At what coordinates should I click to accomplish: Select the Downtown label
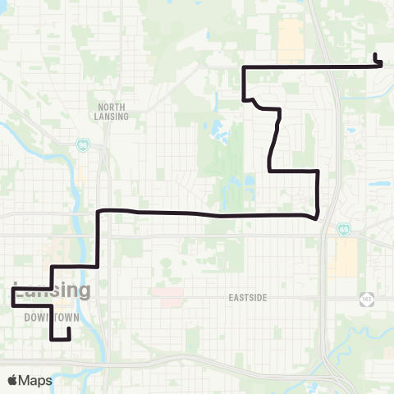[45, 317]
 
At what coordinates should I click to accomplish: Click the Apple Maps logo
[30, 380]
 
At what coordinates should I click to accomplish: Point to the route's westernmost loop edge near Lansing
[12, 296]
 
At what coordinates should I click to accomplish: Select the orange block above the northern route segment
[291, 40]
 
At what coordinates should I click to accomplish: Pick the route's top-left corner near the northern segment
[243, 66]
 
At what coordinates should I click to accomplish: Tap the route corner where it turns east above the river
[99, 212]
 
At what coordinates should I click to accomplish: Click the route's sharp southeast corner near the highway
[316, 217]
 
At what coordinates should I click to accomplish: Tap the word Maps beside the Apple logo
[38, 380]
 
